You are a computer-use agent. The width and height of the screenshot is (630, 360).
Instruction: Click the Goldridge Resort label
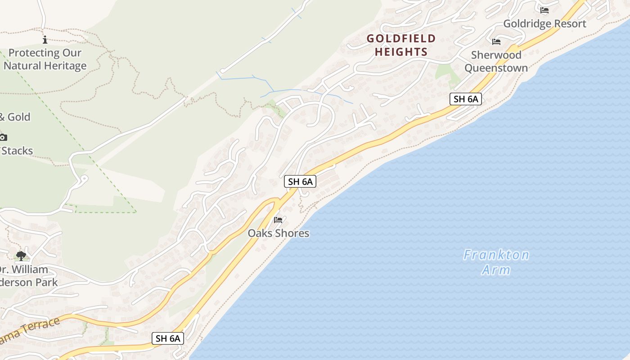coord(544,24)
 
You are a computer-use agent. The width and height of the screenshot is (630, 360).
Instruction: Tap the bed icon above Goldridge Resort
coord(544,10)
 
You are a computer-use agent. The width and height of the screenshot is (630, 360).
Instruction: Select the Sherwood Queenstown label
coord(496,62)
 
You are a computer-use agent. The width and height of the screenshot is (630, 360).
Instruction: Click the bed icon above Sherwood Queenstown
coord(496,42)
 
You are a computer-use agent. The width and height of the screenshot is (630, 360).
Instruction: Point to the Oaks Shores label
coord(279,233)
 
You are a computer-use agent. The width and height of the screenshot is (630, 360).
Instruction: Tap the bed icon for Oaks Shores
coord(278,220)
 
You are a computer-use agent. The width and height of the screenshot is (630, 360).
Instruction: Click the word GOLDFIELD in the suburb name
coord(401,39)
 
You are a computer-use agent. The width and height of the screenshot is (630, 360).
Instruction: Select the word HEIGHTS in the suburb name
coord(401,52)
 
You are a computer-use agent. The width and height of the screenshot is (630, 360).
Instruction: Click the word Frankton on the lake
coord(496,256)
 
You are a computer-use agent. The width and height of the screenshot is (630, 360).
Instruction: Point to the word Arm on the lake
coord(496,270)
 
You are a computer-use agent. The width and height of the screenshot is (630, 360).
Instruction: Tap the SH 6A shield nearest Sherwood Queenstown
coord(465,99)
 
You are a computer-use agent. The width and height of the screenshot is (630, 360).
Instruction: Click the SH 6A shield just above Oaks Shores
coord(300,182)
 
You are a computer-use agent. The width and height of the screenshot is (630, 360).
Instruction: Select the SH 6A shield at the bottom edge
coord(168,338)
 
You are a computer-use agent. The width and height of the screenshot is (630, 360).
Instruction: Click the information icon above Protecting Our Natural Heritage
coord(45,40)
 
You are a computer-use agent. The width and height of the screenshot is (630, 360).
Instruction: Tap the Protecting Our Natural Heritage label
coord(45,59)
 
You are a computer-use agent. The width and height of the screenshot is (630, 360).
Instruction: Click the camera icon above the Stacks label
coord(3,137)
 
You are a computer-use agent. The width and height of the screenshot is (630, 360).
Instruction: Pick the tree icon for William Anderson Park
coord(21,256)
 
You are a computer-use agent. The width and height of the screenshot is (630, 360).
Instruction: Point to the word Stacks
coord(17,151)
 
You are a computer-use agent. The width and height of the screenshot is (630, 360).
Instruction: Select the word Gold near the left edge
coord(19,117)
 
